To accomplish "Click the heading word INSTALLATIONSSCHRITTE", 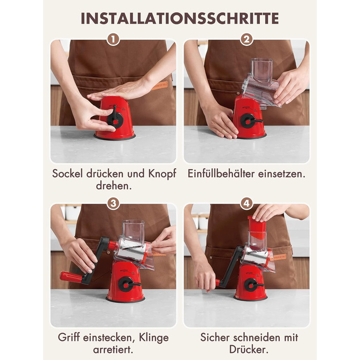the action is (180, 19).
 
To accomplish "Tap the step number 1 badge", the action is (114, 40).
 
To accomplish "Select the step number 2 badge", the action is (246, 40).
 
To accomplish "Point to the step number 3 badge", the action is (114, 204).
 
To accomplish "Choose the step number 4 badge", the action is (246, 204).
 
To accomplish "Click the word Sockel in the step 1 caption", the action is (67, 174).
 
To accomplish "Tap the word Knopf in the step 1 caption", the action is (163, 174).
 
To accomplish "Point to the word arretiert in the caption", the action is (113, 350).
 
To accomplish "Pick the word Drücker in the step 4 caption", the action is (249, 350).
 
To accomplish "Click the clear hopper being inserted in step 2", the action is (261, 83).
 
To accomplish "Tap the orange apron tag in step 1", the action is (160, 86).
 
